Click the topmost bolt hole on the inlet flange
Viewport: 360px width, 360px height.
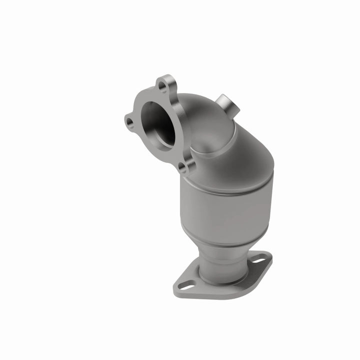coord(162,86)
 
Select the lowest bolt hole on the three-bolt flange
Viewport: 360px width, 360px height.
coord(183,166)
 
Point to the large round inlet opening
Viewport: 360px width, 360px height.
coord(159,123)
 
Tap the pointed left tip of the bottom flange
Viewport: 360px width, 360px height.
coord(175,288)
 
